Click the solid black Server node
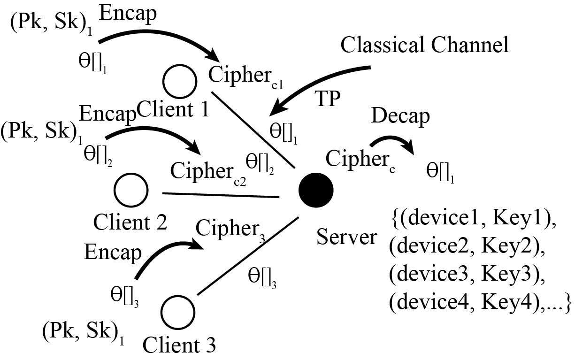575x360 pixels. (x=316, y=190)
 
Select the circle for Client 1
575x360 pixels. (x=180, y=80)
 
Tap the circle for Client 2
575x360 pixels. (x=130, y=190)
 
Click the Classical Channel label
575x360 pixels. (x=425, y=46)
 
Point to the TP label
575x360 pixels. (x=327, y=100)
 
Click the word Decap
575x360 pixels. (x=400, y=116)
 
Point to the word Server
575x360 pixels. (x=346, y=237)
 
